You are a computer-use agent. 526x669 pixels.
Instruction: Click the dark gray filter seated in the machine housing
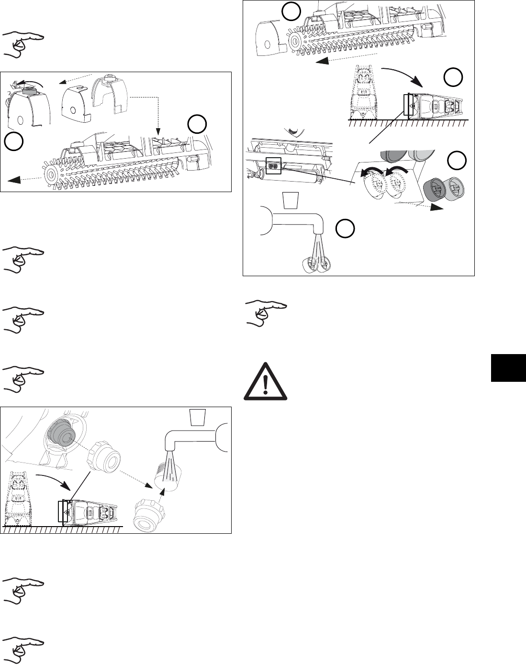[x=60, y=431]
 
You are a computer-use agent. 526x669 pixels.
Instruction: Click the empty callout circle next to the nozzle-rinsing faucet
[x=345, y=229]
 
